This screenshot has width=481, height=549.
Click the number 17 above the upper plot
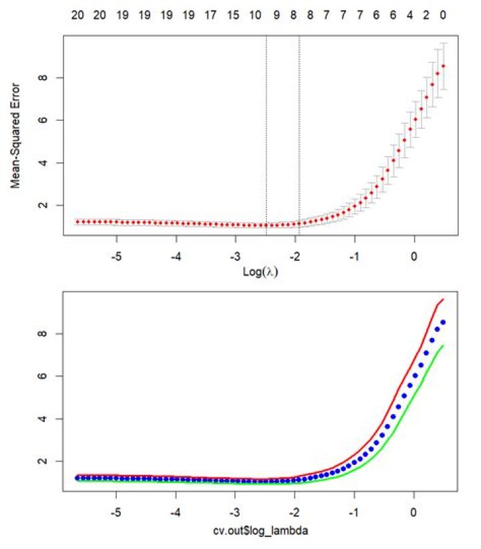[x=210, y=13]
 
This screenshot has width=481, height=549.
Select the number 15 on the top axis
[x=233, y=13]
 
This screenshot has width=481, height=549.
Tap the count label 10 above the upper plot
[x=255, y=13]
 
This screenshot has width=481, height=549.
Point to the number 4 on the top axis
[x=410, y=13]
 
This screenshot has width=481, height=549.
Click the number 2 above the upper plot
[x=426, y=13]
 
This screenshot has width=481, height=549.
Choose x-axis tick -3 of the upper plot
[x=235, y=256]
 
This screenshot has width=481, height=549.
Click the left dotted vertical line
[x=267, y=134]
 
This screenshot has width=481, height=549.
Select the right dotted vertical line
[x=299, y=134]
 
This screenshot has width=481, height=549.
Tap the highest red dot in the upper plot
[x=443, y=65]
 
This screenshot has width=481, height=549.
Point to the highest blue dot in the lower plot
[x=443, y=322]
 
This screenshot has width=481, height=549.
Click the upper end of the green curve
[x=444, y=345]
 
